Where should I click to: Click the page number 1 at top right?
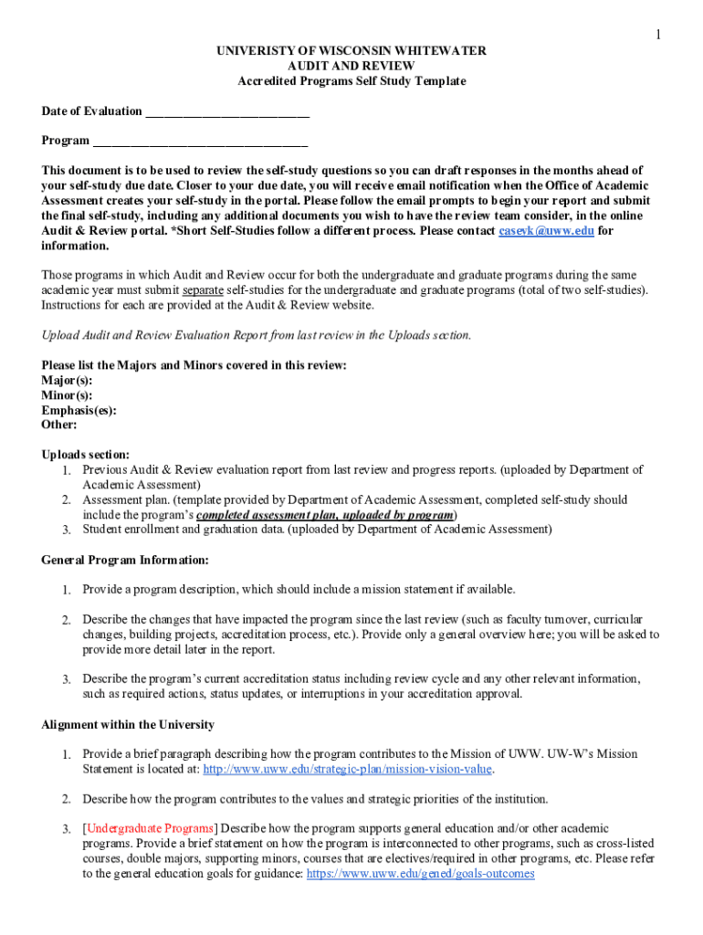point(656,35)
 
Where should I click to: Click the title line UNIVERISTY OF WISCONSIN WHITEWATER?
point(351,51)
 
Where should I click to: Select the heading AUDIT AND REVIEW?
point(351,66)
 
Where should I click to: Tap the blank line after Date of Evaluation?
point(227,111)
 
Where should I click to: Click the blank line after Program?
point(200,141)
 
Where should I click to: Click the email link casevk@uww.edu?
point(546,231)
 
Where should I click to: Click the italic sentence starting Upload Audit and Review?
point(257,335)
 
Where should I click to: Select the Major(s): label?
point(67,380)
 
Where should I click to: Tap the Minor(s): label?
point(67,395)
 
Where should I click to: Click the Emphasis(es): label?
point(79,410)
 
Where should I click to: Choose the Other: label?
point(59,425)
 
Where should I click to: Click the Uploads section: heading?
point(86,455)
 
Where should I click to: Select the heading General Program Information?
point(125,560)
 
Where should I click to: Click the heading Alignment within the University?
point(128,725)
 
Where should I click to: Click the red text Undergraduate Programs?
point(151,828)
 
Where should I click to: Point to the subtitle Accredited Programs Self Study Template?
point(351,81)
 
